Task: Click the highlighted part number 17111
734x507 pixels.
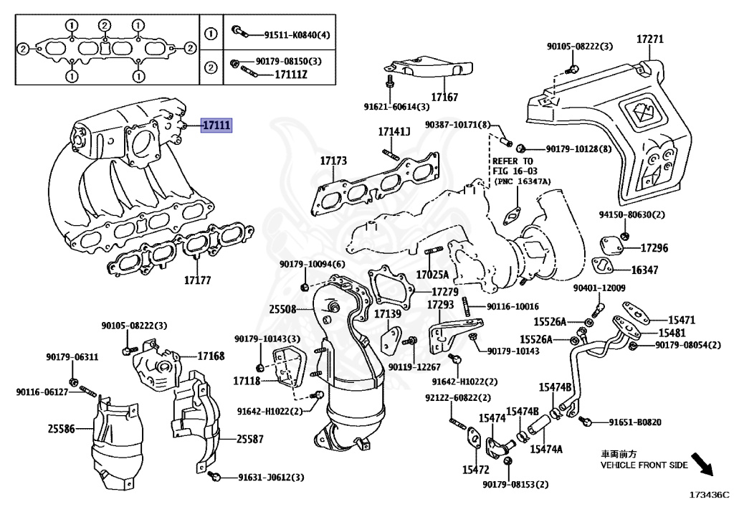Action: tap(216, 125)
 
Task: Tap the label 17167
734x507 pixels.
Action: tap(444, 97)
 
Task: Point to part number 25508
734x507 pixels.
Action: tap(282, 309)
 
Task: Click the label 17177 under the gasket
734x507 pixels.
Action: tap(197, 280)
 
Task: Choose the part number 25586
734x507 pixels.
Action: tap(62, 429)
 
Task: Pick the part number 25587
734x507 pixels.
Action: tap(250, 438)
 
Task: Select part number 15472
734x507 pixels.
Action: tap(475, 470)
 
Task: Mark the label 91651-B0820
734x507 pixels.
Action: tap(635, 422)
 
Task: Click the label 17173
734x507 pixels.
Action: tap(333, 161)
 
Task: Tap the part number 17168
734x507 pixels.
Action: tap(211, 356)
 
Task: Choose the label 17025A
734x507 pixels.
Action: tap(432, 275)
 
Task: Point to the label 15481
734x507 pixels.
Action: tap(672, 333)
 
